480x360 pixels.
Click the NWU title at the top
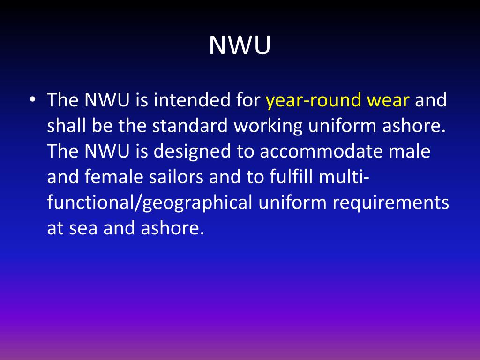pyautogui.click(x=240, y=45)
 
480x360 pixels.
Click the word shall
pyautogui.click(x=64, y=126)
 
